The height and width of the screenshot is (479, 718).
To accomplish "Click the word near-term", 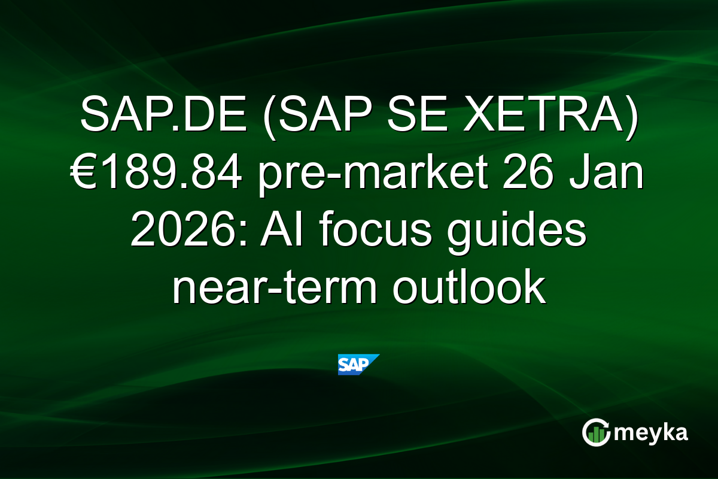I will pos(273,289).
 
